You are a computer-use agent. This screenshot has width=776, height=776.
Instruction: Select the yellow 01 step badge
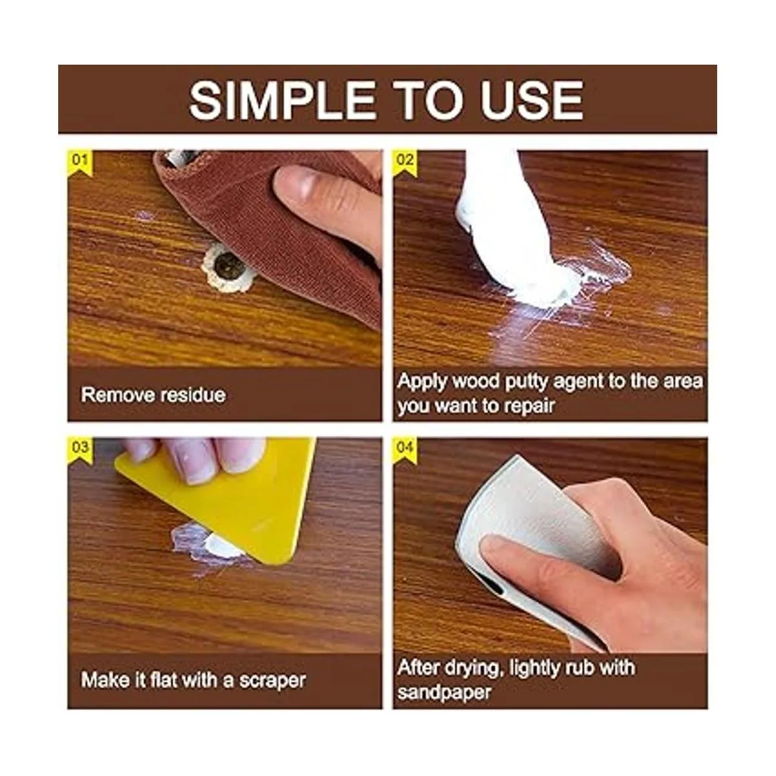pos(80,163)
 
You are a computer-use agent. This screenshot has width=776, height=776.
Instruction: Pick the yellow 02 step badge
pos(405,163)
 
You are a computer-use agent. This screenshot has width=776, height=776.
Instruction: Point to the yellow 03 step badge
pos(80,450)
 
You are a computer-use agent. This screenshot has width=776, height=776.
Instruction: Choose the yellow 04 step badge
pos(405,450)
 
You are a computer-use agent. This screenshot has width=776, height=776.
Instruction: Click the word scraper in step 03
pos(272,681)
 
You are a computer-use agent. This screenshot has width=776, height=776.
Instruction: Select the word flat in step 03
pos(163,680)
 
